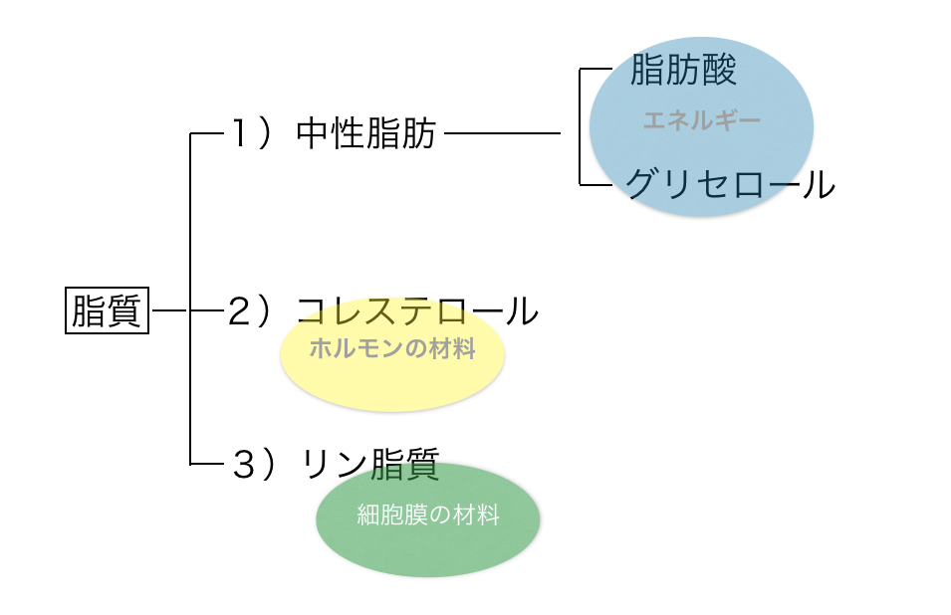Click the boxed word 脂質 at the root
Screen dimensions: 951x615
pyautogui.click(x=107, y=310)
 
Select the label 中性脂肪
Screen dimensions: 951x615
pyautogui.click(x=366, y=133)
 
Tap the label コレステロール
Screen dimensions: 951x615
pyautogui.click(x=417, y=311)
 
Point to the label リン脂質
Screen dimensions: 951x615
pyautogui.click(x=370, y=465)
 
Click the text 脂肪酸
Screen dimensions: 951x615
pyautogui.click(x=683, y=69)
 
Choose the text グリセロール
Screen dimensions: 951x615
pyautogui.click(x=730, y=184)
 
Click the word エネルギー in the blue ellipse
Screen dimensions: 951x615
pyautogui.click(x=702, y=120)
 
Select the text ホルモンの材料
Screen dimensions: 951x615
pyautogui.click(x=392, y=348)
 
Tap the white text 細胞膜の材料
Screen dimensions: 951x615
pyautogui.click(x=428, y=515)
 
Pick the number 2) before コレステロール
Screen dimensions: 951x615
pyautogui.click(x=249, y=311)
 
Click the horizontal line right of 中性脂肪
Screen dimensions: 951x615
pyautogui.click(x=503, y=133)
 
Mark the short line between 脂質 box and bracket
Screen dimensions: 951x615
pyautogui.click(x=169, y=310)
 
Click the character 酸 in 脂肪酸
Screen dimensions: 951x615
pyautogui.click(x=720, y=69)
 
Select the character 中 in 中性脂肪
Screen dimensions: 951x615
pyautogui.click(x=313, y=133)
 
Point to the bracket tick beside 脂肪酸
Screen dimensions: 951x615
pyautogui.click(x=595, y=69)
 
